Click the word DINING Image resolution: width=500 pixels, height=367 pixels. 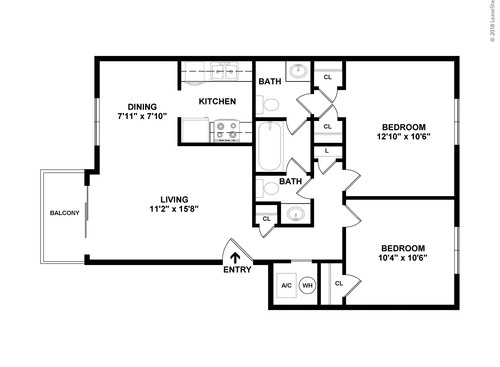[x=140, y=107]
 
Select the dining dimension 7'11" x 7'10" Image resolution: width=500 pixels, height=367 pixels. [x=140, y=118]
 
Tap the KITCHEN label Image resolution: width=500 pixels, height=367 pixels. [x=217, y=102]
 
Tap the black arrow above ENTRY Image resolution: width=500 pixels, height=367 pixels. [x=235, y=256]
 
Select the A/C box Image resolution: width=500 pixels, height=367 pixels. [x=285, y=284]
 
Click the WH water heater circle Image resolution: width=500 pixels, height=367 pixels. [x=308, y=284]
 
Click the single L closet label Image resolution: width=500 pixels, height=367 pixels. [x=327, y=151]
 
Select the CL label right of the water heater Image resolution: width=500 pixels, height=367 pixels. [x=338, y=284]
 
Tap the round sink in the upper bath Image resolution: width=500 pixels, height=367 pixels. [x=297, y=72]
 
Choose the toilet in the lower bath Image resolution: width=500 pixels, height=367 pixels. [x=269, y=187]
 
